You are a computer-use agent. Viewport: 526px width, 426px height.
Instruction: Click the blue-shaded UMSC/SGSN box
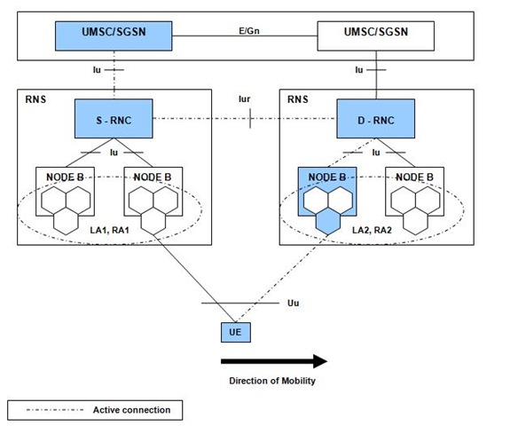[114, 35]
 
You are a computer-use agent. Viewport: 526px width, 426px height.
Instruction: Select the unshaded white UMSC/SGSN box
[376, 35]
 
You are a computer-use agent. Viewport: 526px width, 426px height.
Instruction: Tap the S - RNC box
[114, 119]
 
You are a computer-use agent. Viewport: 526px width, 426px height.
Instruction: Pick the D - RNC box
[376, 119]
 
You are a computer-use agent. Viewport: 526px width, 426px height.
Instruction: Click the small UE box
[235, 332]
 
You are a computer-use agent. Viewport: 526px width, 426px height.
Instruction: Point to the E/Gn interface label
[249, 31]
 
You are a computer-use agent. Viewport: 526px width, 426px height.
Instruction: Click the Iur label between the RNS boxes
[244, 99]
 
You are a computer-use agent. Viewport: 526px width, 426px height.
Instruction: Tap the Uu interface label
[293, 304]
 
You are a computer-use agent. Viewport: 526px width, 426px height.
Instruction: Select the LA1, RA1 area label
[109, 230]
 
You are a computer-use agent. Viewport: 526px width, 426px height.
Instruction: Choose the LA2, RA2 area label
[372, 230]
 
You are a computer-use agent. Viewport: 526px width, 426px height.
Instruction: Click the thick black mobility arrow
[274, 361]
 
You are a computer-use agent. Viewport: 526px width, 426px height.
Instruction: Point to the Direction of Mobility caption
[272, 381]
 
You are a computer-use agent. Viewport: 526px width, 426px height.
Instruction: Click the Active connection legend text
[131, 410]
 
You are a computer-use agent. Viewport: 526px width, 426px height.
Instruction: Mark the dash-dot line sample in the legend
[55, 410]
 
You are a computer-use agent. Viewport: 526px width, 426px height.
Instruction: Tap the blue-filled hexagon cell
[328, 221]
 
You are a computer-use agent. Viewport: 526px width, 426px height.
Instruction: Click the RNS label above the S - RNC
[35, 99]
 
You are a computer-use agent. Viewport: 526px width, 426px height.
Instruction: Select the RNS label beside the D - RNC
[298, 99]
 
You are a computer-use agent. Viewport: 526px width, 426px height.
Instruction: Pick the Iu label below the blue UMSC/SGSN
[97, 70]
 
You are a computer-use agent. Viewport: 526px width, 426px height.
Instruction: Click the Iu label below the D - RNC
[376, 153]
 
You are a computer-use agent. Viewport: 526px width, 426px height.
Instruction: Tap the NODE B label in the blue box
[327, 177]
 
